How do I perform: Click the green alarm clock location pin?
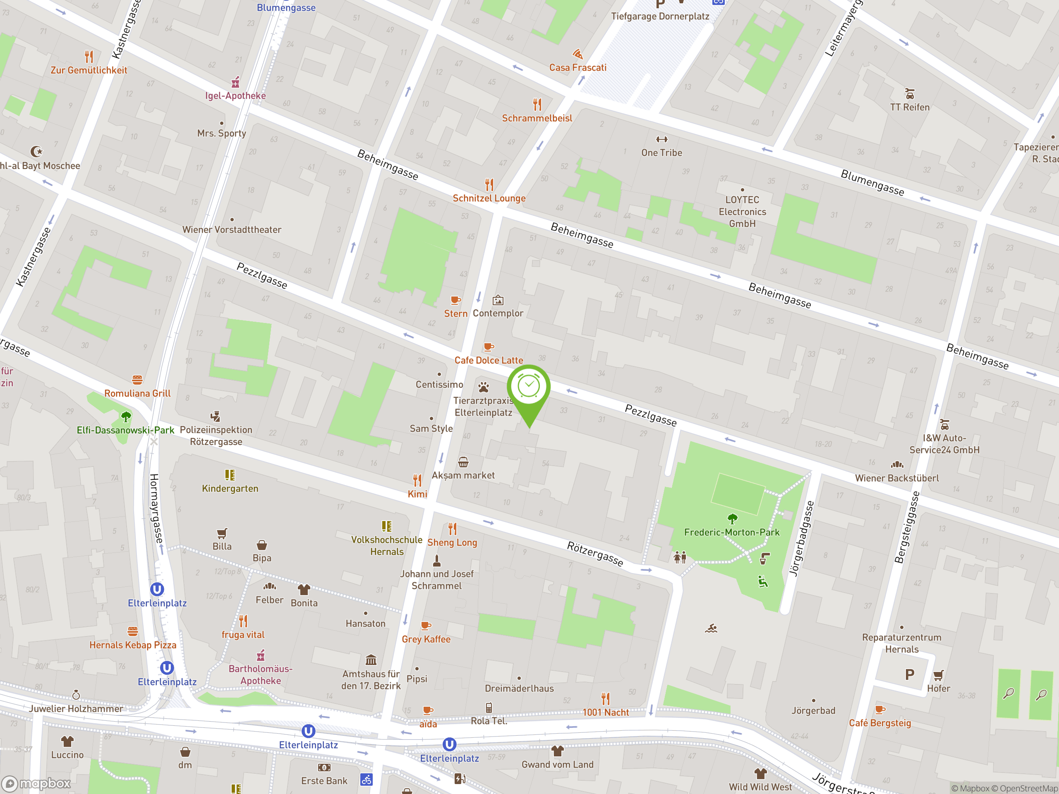pos(529,387)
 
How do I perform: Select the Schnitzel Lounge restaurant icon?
pos(489,184)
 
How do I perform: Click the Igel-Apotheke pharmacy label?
pos(235,96)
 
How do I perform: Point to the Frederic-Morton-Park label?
pos(731,532)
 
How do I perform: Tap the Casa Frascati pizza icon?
pos(578,54)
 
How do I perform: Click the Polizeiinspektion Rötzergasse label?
pos(216,435)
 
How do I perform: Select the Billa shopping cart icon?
pos(222,533)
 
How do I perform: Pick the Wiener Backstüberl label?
pos(897,478)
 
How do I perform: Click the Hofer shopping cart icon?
pos(938,675)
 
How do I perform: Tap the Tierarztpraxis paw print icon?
pos(484,387)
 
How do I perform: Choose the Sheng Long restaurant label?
pos(452,543)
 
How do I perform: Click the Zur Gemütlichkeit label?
pos(89,70)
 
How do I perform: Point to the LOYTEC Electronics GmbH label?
pos(742,212)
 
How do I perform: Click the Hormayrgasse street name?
pos(156,508)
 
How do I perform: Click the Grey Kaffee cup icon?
pos(426,626)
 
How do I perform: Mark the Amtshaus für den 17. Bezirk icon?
pos(371,660)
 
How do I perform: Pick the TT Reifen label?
pos(910,107)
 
